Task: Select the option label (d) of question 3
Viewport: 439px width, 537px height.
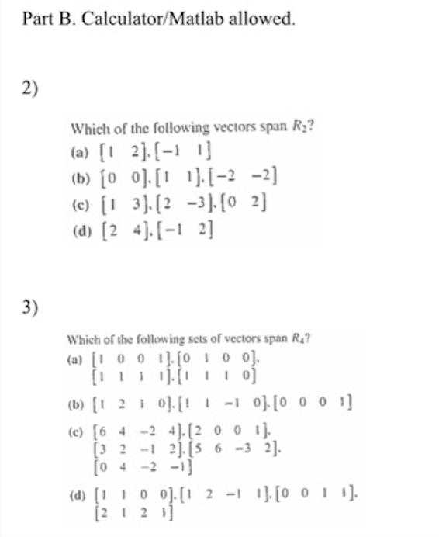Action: coord(77,492)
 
